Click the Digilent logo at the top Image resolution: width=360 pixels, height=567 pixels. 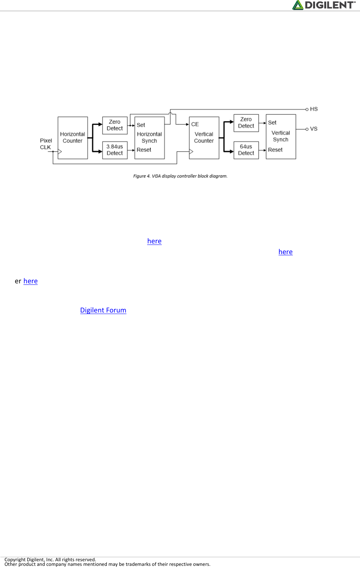point(324,5)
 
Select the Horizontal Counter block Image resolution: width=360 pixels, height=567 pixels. point(73,137)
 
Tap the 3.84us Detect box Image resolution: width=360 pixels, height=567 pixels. point(115,150)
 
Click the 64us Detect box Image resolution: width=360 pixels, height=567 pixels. point(246,150)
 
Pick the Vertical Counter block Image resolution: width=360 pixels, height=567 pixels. point(204,137)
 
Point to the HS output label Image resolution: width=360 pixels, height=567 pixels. point(314,109)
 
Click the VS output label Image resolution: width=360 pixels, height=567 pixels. point(314,129)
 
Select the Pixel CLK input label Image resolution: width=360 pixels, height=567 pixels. point(46,144)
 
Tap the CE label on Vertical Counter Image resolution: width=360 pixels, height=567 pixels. point(195,124)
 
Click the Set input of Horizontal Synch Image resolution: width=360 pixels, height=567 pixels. point(141,125)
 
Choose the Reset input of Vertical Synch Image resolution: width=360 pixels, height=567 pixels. point(275,150)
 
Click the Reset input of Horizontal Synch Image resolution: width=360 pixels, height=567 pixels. point(144,150)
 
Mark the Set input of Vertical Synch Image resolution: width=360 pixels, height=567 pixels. point(272,122)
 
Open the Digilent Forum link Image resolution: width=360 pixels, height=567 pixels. point(103,310)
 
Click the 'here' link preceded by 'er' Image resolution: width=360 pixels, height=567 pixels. point(30,281)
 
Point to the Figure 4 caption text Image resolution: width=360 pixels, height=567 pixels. point(180,176)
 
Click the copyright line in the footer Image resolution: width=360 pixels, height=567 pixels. point(50,559)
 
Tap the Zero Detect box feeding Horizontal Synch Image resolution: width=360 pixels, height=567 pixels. point(115,125)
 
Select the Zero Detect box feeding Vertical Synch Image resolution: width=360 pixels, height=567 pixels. point(246,123)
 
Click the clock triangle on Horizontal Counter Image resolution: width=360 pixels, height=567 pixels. point(60,152)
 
